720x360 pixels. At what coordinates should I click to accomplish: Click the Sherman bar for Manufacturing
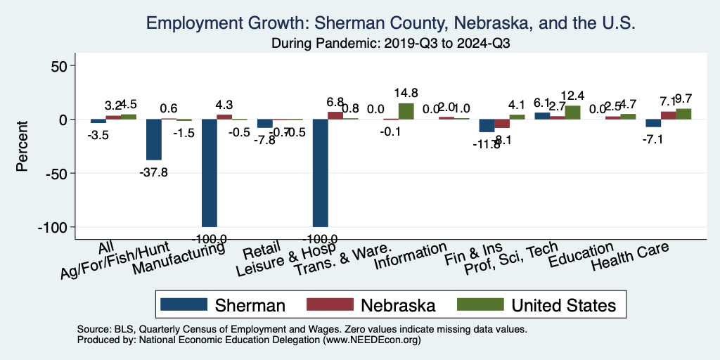click(210, 172)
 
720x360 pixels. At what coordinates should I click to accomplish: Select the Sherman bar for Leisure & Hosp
click(320, 172)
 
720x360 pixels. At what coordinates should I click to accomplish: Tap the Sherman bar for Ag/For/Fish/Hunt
click(154, 139)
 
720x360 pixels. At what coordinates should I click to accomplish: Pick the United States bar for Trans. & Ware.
click(406, 111)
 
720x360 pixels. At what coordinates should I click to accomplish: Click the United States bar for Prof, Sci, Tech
click(572, 112)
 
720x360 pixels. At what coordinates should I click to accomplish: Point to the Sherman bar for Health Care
click(653, 123)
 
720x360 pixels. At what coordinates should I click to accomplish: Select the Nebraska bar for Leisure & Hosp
click(335, 115)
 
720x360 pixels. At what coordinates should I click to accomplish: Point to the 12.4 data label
click(572, 96)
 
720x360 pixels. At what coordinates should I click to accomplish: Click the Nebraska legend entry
click(372, 304)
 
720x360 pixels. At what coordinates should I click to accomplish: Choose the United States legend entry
click(536, 304)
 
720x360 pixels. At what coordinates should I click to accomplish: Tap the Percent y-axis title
click(22, 146)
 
